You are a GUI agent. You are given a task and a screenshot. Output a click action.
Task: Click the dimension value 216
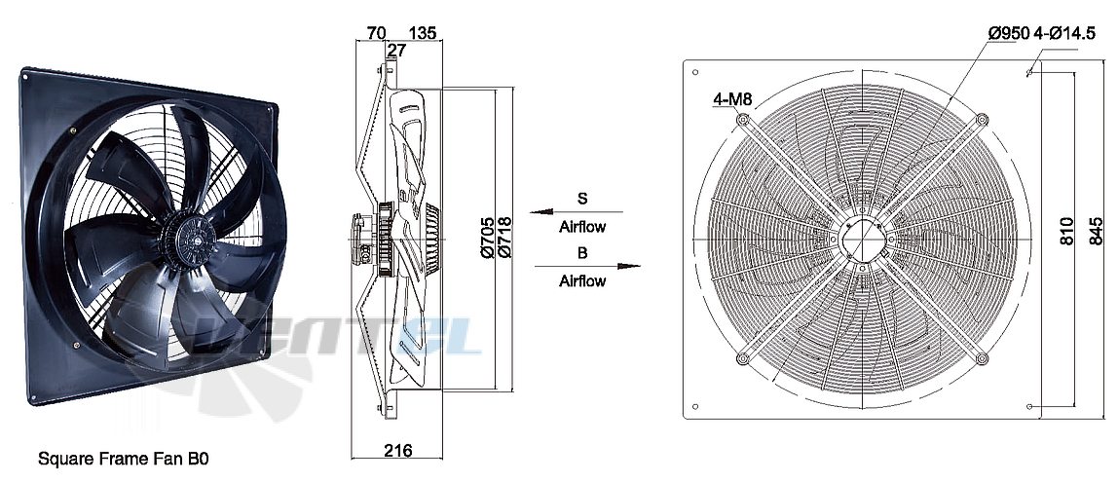point(398,450)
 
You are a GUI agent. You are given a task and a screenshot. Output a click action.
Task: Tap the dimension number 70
point(376,33)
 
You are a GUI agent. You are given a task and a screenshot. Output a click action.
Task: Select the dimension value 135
point(422,33)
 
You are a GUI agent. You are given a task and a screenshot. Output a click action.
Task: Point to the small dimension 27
point(395,50)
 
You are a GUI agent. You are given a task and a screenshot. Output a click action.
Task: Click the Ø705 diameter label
point(486,238)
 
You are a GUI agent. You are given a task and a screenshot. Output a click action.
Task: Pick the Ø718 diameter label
point(503,238)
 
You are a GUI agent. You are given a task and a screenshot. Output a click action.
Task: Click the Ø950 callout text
point(1008,33)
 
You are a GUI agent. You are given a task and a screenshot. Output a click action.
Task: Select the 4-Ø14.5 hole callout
point(1063,33)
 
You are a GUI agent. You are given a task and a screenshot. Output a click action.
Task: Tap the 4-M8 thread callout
point(733,99)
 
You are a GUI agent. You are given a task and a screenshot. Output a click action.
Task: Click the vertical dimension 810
point(1066,232)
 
